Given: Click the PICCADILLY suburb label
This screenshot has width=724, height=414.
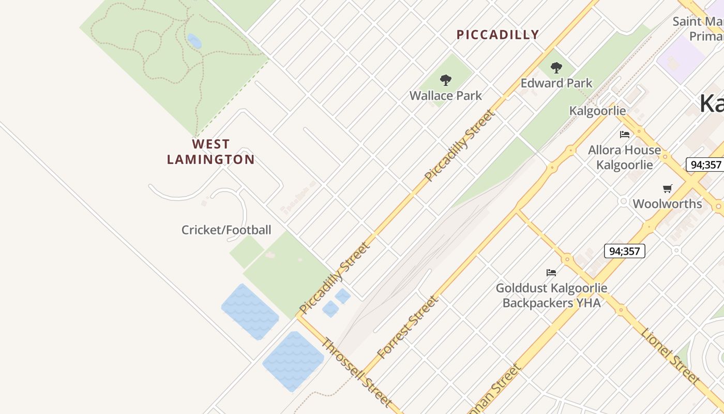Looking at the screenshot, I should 497,35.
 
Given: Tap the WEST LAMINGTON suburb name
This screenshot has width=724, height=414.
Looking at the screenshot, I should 211,152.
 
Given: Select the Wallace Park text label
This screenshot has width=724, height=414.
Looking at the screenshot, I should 445,96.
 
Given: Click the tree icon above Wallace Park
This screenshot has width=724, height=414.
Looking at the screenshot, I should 445,80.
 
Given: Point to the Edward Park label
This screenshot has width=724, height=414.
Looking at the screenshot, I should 556,83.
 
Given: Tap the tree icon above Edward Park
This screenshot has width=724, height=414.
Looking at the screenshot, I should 556,67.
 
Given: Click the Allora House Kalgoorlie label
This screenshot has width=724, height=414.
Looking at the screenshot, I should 624,157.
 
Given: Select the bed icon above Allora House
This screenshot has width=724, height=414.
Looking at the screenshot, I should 625,135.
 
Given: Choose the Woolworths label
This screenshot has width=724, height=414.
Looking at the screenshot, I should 667,203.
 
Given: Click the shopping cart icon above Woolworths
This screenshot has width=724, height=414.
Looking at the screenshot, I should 667,189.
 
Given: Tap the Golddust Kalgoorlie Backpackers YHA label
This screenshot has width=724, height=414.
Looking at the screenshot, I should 551,295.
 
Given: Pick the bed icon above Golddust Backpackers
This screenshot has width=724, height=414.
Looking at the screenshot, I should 551,272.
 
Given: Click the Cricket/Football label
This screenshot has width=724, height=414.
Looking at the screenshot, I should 226,230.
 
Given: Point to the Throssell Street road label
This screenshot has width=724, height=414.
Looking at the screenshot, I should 356,371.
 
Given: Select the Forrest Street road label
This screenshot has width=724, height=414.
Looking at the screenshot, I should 408,328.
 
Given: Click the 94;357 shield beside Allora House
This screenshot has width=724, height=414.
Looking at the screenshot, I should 704,165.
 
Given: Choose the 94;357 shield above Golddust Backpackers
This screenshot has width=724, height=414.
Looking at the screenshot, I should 624,251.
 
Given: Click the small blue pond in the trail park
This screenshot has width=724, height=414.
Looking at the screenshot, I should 194,41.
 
